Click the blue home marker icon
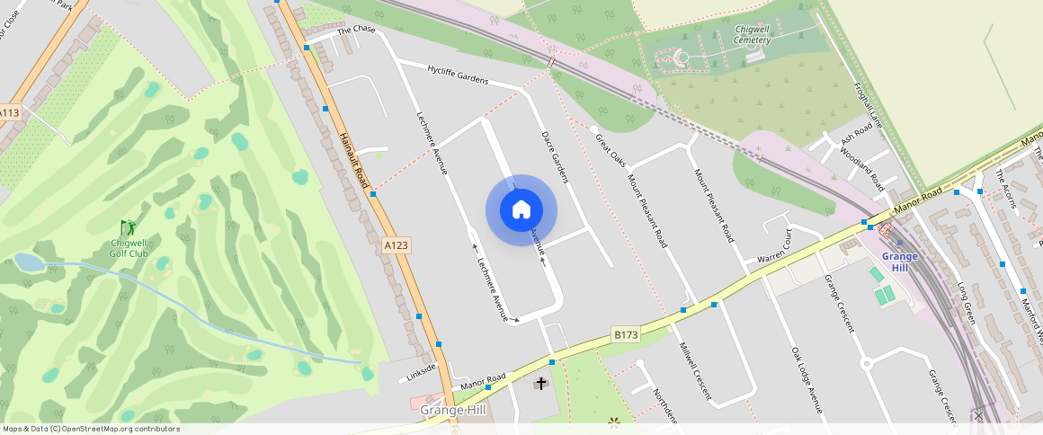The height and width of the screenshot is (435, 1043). click(x=521, y=210)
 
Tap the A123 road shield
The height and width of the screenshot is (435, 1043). click(x=396, y=244)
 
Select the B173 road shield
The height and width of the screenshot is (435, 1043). click(x=626, y=334)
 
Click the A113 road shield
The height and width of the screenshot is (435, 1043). click(x=9, y=113)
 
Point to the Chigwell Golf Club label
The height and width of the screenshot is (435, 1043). click(x=129, y=248)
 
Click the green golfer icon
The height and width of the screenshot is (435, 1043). click(x=128, y=228)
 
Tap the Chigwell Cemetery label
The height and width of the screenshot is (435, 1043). click(x=752, y=34)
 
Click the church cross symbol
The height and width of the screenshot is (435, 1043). click(x=541, y=384)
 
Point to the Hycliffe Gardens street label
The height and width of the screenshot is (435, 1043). click(x=458, y=74)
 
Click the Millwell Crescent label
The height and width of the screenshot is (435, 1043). click(x=695, y=370)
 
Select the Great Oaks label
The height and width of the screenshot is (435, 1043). click(x=611, y=149)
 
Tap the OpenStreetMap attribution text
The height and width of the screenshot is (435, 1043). click(x=92, y=429)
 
